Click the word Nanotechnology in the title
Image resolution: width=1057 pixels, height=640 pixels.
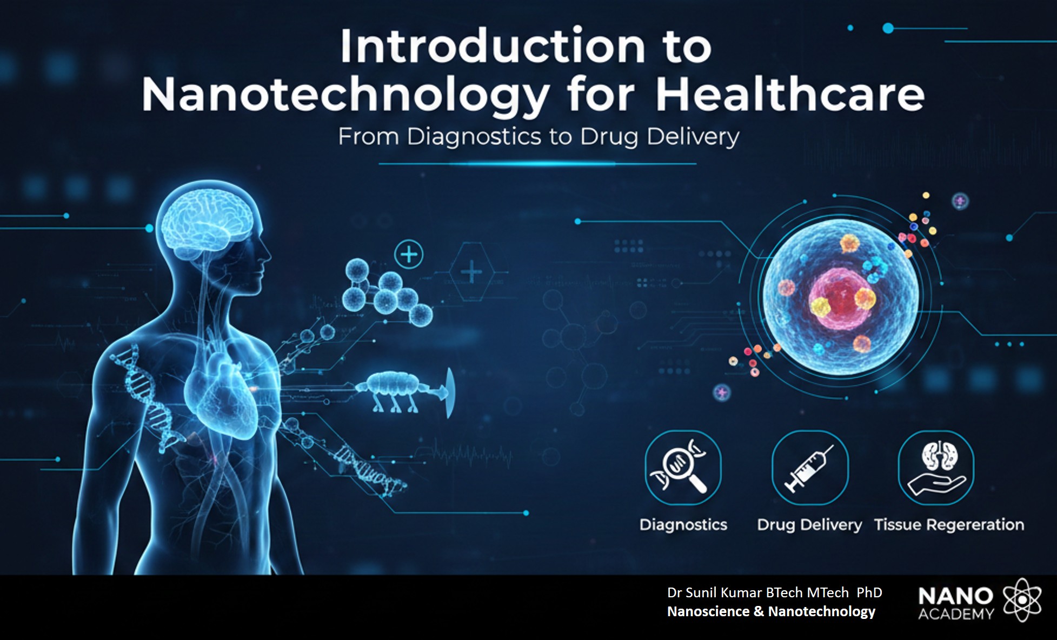[346, 95]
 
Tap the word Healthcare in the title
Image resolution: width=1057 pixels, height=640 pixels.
[790, 95]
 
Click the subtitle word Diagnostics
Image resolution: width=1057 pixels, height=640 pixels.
[474, 137]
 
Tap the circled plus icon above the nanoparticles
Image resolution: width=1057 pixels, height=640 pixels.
[409, 254]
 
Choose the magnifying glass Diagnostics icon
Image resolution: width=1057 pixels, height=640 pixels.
[683, 468]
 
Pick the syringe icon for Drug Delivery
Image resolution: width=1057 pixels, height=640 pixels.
[809, 468]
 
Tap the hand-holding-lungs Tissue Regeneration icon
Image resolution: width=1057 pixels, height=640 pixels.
[936, 468]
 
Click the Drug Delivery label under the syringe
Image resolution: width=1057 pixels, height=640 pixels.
[809, 525]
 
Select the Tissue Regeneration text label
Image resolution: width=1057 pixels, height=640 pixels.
[949, 525]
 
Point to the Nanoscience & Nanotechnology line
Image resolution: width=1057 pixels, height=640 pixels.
[771, 611]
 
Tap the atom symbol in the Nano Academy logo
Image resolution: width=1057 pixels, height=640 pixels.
[1022, 600]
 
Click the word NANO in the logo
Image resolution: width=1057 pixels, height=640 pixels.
[955, 596]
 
